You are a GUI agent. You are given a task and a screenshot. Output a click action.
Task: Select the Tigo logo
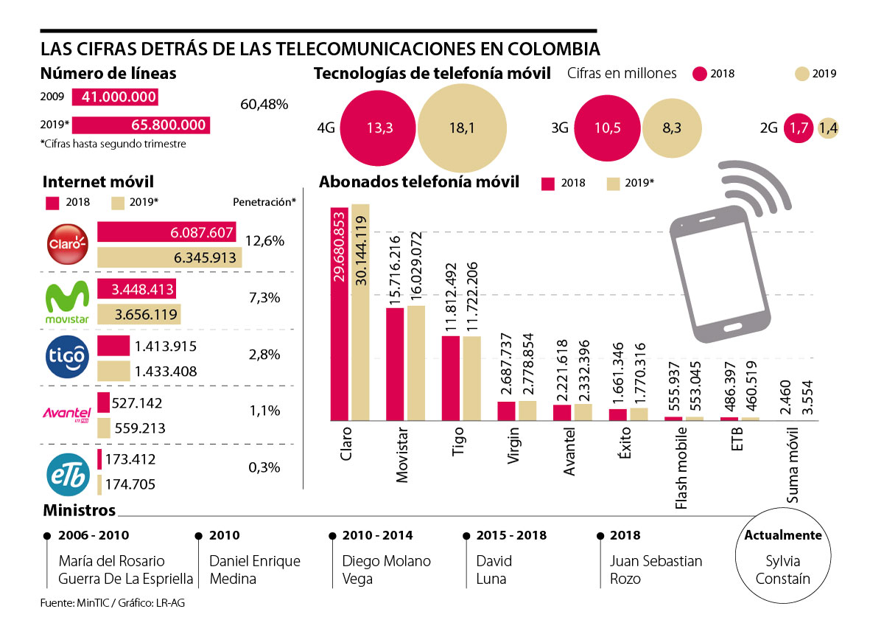pos(67,357)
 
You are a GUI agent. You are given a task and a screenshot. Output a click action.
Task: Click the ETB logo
pos(67,472)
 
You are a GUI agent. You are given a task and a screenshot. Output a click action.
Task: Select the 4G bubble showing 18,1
pos(463,128)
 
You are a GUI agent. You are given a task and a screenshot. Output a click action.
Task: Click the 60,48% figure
pos(264,105)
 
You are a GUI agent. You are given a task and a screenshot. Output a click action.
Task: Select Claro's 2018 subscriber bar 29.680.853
pos(340,313)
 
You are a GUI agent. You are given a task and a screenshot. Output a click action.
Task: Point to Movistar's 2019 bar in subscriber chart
pos(416,361)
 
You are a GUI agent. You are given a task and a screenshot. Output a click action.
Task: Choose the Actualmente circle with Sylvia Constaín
pos(782,557)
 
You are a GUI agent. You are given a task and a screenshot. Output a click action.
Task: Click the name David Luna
pos(493,569)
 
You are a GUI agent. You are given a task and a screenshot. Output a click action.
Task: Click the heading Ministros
pos(79,510)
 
